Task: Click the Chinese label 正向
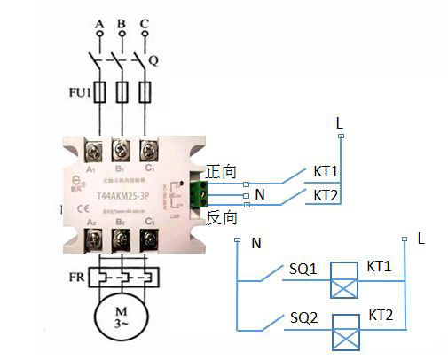(x=222, y=171)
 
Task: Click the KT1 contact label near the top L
(x=327, y=171)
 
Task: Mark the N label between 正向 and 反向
(x=259, y=194)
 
